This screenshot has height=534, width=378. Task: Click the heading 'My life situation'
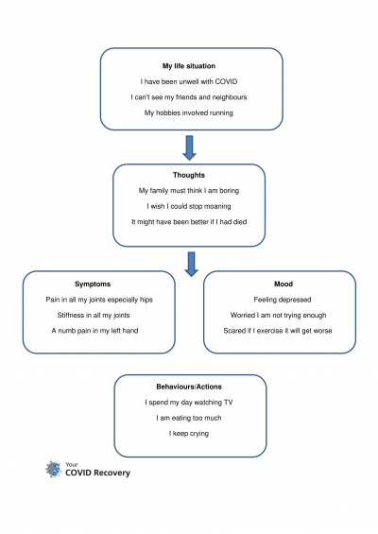(189, 66)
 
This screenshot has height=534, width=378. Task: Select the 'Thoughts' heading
(189, 175)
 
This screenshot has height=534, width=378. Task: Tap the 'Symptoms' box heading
(93, 284)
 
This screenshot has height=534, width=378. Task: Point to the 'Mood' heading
(283, 284)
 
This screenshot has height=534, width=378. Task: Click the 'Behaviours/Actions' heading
(189, 387)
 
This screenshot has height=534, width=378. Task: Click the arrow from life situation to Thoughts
(190, 147)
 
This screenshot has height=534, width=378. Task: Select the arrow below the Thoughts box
(192, 265)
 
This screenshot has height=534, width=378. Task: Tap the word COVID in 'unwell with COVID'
(226, 81)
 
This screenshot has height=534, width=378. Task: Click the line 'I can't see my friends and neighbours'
(189, 97)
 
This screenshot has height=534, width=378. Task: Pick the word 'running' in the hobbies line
(221, 113)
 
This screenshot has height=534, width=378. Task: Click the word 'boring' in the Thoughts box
(230, 191)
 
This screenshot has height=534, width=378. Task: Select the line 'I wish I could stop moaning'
(189, 206)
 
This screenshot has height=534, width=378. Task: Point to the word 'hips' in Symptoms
(146, 300)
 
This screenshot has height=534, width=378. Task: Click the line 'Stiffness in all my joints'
(94, 316)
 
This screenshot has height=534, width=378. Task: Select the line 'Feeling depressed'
(283, 300)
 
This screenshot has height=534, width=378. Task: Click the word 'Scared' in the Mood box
(232, 331)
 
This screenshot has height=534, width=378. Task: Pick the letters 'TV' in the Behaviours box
(228, 403)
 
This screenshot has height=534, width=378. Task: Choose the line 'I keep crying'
(189, 434)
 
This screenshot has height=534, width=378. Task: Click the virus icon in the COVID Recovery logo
(54, 469)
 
